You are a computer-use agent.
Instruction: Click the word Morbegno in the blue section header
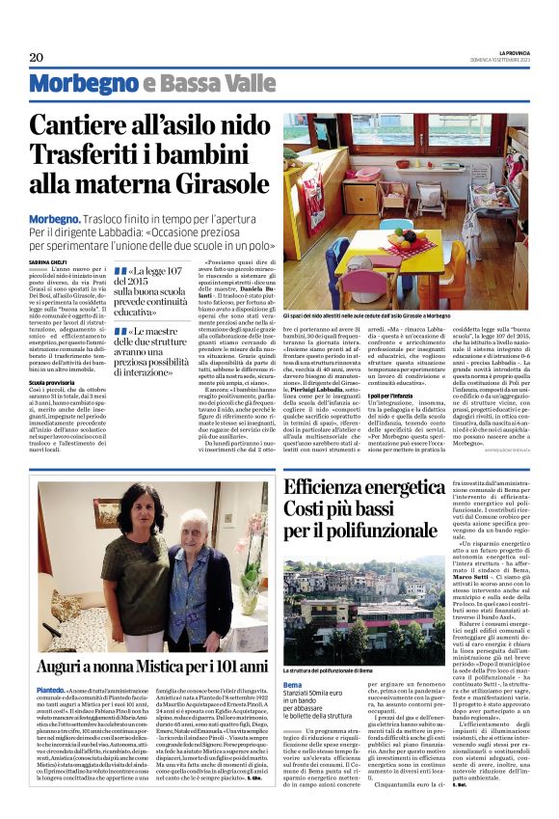[83, 84]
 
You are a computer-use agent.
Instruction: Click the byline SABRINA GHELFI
[45, 261]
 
